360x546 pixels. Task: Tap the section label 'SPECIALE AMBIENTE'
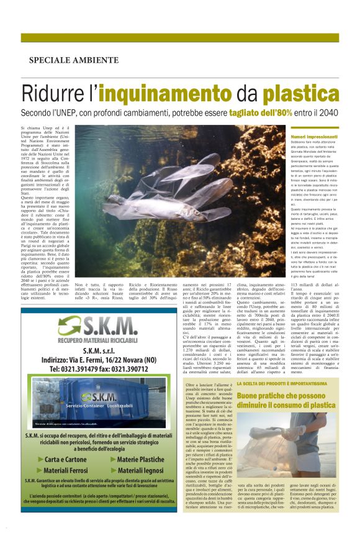pyautogui.click(x=73, y=60)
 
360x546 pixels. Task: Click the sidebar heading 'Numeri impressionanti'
pyautogui.click(x=313, y=136)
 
